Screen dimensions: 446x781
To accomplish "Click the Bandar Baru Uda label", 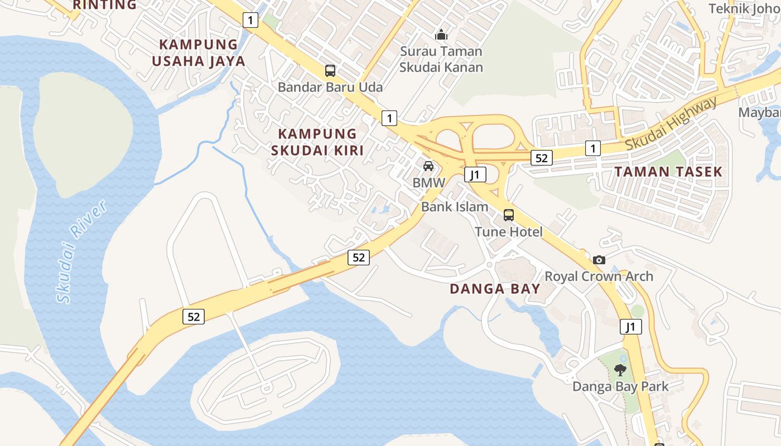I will point(330,87).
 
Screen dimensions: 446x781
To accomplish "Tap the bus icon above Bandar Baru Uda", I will point(330,71).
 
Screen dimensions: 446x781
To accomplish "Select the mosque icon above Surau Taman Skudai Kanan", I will point(441,35).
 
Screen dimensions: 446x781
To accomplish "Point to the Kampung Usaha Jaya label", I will point(199,52).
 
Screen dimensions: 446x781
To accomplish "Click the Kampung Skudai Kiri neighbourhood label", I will point(317,142).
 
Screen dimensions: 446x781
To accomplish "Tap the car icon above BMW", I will point(428,166).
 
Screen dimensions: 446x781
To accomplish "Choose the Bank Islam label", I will point(455,206).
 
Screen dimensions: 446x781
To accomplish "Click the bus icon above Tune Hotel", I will point(509,215).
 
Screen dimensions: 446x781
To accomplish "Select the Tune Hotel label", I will point(509,231).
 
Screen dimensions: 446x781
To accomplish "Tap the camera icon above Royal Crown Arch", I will point(599,260).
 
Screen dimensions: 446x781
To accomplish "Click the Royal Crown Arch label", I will point(599,276).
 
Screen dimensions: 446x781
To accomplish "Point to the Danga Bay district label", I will point(495,289).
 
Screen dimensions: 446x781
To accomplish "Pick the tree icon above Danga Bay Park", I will point(620,370).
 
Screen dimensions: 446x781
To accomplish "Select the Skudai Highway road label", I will point(671,124).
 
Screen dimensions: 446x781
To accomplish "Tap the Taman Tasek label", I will point(668,172).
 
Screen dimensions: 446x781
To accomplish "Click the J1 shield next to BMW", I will point(475,175).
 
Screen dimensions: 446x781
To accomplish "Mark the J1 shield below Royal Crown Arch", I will point(630,327).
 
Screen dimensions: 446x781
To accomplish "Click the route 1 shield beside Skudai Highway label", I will point(592,148).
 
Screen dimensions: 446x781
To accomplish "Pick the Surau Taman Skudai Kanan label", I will point(442,59).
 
